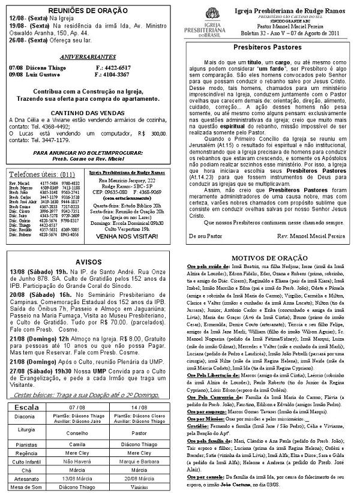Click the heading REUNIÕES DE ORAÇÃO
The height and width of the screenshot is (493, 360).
(88, 11)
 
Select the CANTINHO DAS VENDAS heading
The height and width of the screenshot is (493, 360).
(88, 112)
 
